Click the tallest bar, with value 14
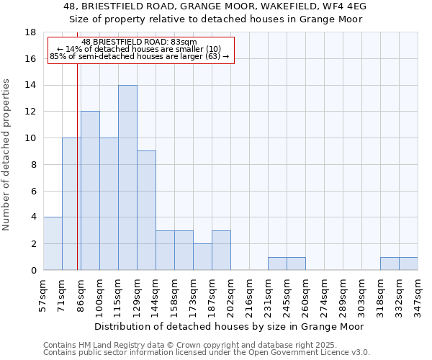(x=127, y=178)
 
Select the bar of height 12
(x=90, y=191)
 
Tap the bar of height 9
(x=146, y=210)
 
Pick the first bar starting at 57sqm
(x=53, y=243)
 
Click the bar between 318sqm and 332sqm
(x=390, y=264)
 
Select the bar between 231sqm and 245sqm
(x=277, y=264)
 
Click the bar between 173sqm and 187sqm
(x=202, y=257)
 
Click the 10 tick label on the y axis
(x=30, y=138)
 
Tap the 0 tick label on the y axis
(x=33, y=270)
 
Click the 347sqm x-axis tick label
(x=418, y=296)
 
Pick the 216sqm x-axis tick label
(x=250, y=296)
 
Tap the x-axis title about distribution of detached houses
(x=232, y=326)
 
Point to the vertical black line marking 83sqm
(x=78, y=180)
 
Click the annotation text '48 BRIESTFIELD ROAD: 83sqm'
(x=140, y=42)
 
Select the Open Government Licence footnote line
(x=206, y=353)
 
